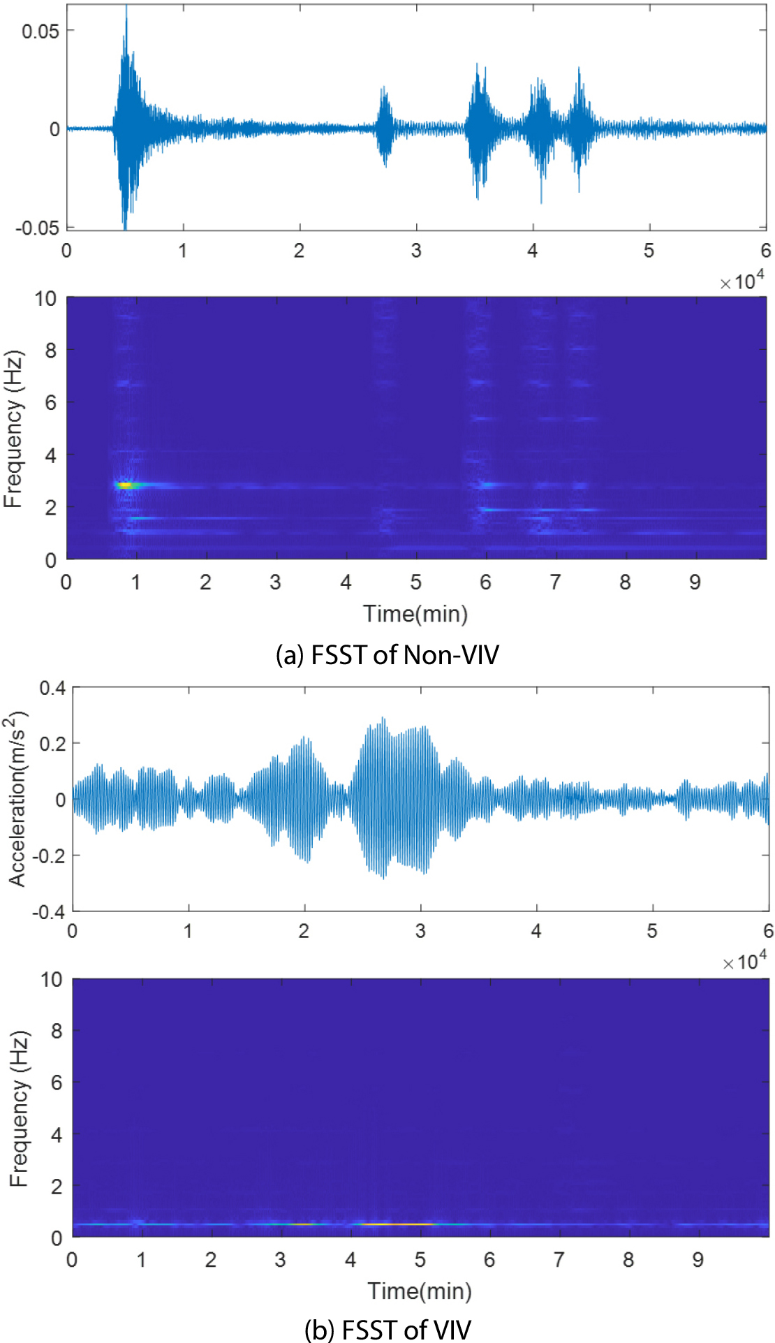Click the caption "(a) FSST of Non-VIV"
387,655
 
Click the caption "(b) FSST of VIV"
387,1330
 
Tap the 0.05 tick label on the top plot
40,31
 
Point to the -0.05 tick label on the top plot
38,228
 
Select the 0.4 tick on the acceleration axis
52,689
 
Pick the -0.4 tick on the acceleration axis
49,911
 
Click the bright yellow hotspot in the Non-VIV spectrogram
124,484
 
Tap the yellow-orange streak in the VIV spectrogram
394,1224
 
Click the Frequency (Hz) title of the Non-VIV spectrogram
13,429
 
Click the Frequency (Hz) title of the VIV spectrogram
19,1108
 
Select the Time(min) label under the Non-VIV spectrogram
415,614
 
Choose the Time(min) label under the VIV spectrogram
420,1291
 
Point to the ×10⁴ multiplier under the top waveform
742,281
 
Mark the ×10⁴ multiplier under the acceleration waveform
744,962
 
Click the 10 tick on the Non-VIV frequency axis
46,299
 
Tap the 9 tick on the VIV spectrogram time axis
697,1260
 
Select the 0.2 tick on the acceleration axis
52,744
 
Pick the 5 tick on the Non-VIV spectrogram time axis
416,582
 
